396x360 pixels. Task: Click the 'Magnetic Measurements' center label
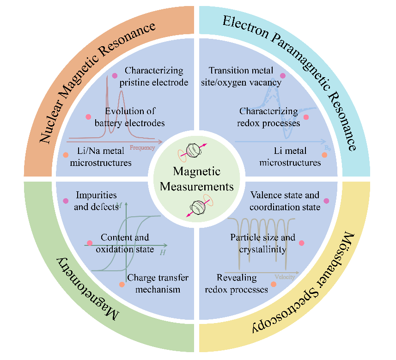[196, 179]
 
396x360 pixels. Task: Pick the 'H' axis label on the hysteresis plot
[163, 253]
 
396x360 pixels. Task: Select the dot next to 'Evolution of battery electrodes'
[88, 117]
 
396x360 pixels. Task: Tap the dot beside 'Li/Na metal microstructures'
[66, 155]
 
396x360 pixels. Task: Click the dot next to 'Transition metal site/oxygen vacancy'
[283, 76]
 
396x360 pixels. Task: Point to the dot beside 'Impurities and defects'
[66, 201]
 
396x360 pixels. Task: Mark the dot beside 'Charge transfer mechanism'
[122, 284]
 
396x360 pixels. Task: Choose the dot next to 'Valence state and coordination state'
[327, 201]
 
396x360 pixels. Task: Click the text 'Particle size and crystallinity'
[262, 244]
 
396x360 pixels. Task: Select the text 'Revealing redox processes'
[242, 283]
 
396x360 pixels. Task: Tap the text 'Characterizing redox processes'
[269, 117]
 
